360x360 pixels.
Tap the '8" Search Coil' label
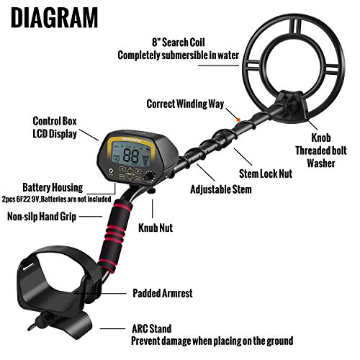183,40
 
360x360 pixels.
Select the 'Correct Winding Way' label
184,103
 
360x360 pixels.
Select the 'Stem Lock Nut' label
266,174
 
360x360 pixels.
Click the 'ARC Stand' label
156,328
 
